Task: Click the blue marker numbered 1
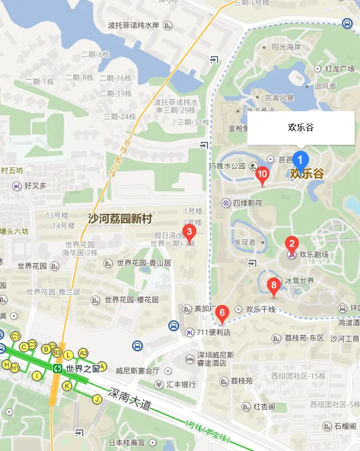[x=301, y=160]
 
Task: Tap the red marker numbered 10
[x=262, y=176]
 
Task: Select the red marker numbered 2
[x=292, y=245]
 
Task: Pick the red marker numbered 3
[x=190, y=233]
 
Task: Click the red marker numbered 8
[x=273, y=285]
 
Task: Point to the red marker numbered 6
[x=223, y=312]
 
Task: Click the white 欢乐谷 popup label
[x=301, y=127]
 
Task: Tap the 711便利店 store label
[x=213, y=332]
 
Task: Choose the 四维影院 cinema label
[x=247, y=202]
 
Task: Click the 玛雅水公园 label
[x=227, y=166]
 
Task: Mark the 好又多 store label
[x=35, y=186]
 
